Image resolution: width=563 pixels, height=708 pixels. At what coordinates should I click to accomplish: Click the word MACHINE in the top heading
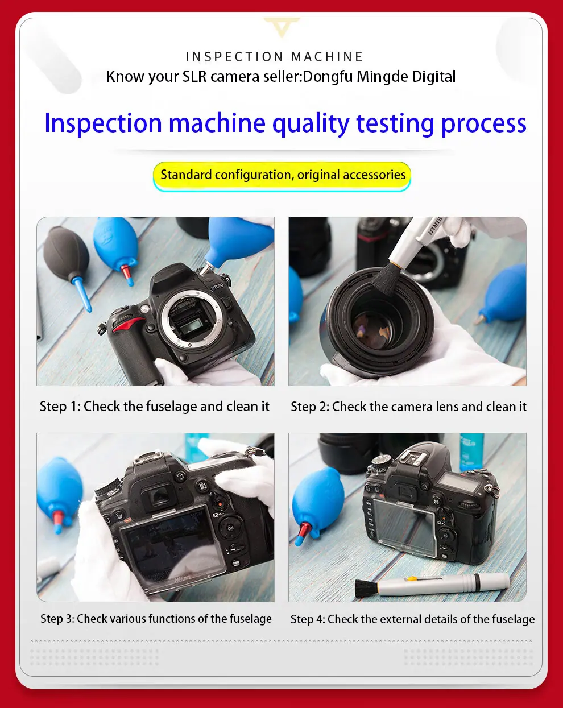pyautogui.click(x=327, y=57)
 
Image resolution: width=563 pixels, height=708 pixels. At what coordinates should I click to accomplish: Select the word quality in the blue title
pyautogui.click(x=311, y=124)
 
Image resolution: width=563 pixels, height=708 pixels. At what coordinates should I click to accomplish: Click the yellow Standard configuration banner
pyautogui.click(x=282, y=176)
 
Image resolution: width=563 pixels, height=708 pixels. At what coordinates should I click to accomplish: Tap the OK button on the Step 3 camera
pyautogui.click(x=230, y=528)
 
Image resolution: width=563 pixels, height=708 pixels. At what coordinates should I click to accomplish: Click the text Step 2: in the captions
pyautogui.click(x=310, y=407)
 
